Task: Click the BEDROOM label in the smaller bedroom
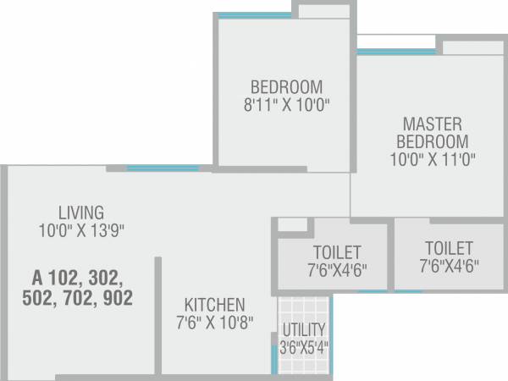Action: [x=286, y=86]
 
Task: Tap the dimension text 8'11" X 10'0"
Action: [x=286, y=105]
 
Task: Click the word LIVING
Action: [x=81, y=212]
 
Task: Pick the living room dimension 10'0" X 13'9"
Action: [x=81, y=229]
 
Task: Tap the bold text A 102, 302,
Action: [x=77, y=277]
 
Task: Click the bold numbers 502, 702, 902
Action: [x=77, y=297]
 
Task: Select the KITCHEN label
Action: [x=215, y=304]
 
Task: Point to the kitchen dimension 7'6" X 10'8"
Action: [x=215, y=323]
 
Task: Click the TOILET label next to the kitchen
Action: [x=336, y=252]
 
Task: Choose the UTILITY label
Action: [x=304, y=329]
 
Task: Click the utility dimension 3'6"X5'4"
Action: [x=304, y=346]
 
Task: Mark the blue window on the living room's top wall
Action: [x=163, y=168]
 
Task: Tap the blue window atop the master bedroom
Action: [x=385, y=52]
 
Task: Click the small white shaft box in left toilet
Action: [x=293, y=224]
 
